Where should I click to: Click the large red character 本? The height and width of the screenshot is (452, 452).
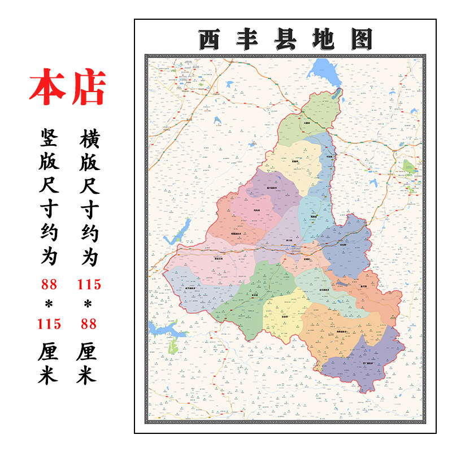(x=47, y=88)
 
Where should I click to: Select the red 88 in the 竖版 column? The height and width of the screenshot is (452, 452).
(x=49, y=284)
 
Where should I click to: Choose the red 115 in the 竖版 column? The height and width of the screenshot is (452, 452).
(x=49, y=324)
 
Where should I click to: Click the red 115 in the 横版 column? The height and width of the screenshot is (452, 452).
(x=89, y=284)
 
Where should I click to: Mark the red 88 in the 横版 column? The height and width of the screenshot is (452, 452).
(x=89, y=324)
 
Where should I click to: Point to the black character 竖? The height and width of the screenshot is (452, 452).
(x=49, y=138)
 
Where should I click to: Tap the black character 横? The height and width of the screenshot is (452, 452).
(x=89, y=138)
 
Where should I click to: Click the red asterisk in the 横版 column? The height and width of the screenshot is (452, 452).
(x=89, y=305)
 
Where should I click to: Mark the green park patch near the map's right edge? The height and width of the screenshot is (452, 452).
(x=409, y=166)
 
